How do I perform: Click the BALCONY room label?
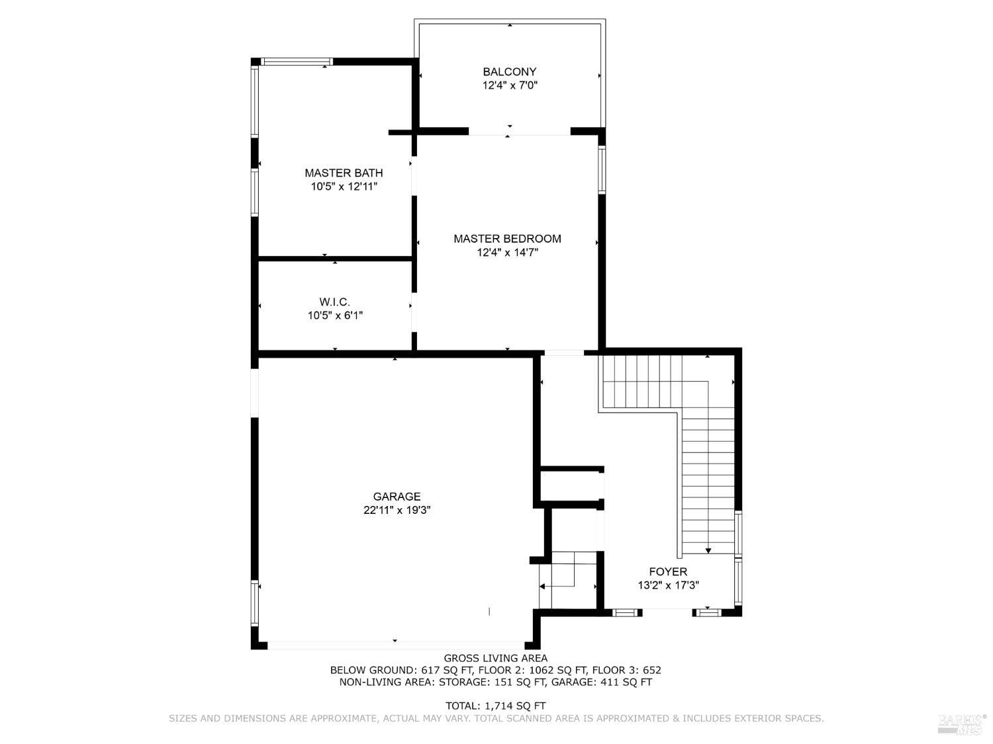(x=509, y=71)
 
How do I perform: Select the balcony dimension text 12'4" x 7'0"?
(x=509, y=85)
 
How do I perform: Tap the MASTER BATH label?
(x=344, y=173)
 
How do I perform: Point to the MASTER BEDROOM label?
(x=507, y=239)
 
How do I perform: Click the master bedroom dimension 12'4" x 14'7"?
(x=507, y=253)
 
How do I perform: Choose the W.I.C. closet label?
(x=335, y=302)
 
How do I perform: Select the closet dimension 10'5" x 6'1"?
(x=335, y=316)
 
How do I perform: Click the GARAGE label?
(x=397, y=497)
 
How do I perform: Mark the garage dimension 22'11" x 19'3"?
(x=397, y=511)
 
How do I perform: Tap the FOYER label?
(x=668, y=571)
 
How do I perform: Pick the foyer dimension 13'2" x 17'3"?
(x=668, y=585)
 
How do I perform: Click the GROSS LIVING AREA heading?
(x=495, y=658)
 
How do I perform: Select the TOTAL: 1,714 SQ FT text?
(x=495, y=706)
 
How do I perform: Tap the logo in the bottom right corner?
(x=962, y=723)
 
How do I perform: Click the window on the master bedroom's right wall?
(x=602, y=170)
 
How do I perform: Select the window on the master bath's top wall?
(x=296, y=62)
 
